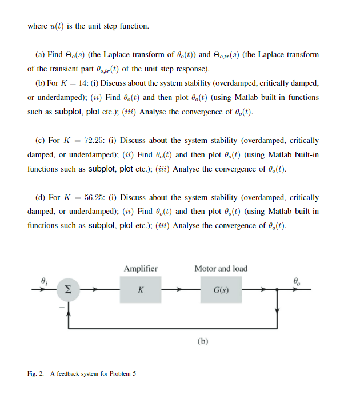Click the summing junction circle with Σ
pos(68,290)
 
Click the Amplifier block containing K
pos(140,290)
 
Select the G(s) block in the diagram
pos(221,290)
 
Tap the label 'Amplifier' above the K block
pos(141,269)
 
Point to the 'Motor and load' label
pos(221,269)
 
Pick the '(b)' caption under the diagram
pos(203,341)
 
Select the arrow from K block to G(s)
pos(180,290)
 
